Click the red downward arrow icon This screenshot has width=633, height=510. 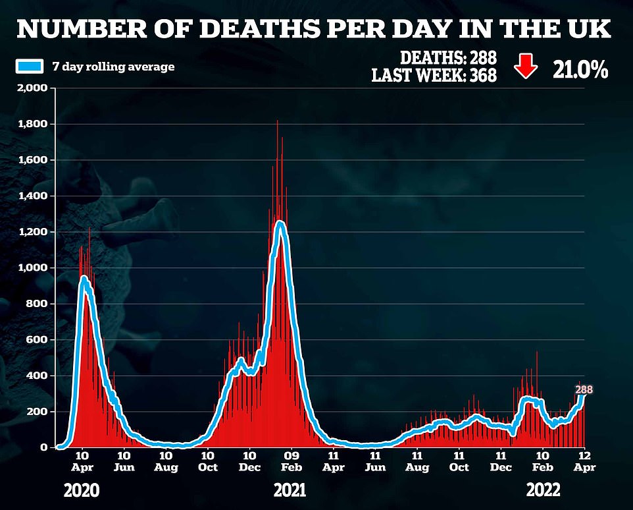[x=525, y=67]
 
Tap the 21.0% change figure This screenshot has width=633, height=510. [x=578, y=69]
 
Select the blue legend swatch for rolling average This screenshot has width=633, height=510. [x=30, y=66]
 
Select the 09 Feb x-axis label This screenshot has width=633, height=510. [x=291, y=461]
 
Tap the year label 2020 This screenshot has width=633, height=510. [x=82, y=490]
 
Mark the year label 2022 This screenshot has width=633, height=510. [x=543, y=490]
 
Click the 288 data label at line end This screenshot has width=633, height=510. [x=584, y=390]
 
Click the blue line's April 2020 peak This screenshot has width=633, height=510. [x=84, y=279]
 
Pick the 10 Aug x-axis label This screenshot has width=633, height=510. [x=166, y=461]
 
